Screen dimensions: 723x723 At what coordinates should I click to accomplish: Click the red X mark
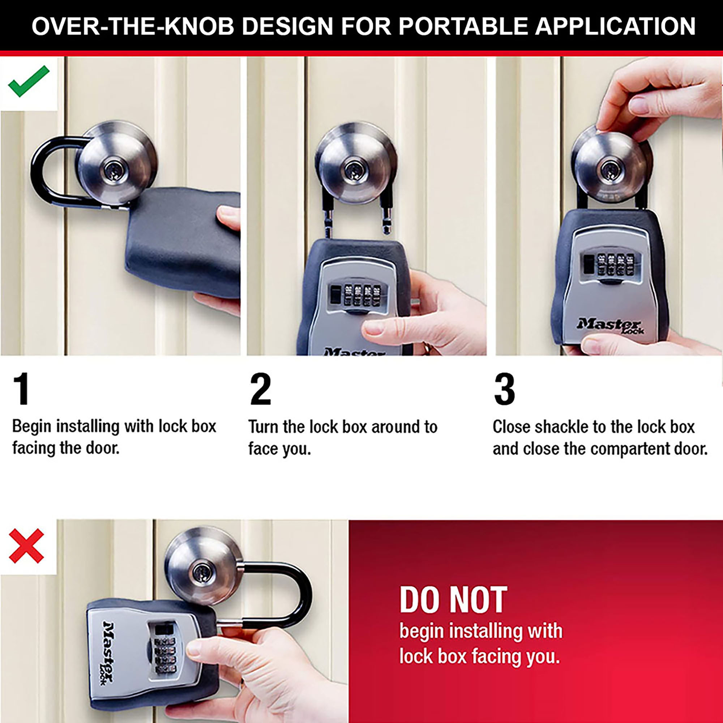(x=26, y=546)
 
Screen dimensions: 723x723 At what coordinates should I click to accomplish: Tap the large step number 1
(x=21, y=389)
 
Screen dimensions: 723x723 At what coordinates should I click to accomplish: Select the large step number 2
(x=260, y=389)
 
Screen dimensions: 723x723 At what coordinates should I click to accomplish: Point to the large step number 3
(x=504, y=389)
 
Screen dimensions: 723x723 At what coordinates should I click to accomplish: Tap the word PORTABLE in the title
(x=464, y=26)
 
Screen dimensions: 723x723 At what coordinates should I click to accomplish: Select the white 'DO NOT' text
(x=453, y=600)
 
